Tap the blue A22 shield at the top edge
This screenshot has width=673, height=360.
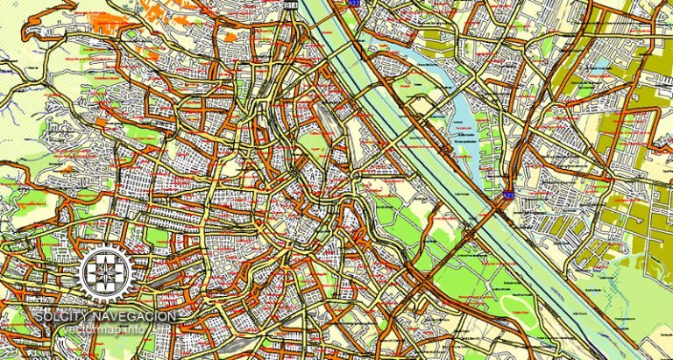click(353, 4)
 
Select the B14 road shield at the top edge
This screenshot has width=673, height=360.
click(292, 4)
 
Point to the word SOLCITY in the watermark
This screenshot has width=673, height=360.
click(62, 316)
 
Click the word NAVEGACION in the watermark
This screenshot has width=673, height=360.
click(135, 316)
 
